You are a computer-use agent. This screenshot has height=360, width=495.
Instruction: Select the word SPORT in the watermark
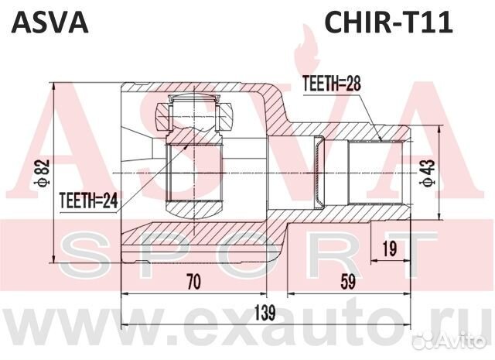click(247, 252)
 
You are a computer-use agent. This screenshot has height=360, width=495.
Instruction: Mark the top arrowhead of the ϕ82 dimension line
click(53, 84)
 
